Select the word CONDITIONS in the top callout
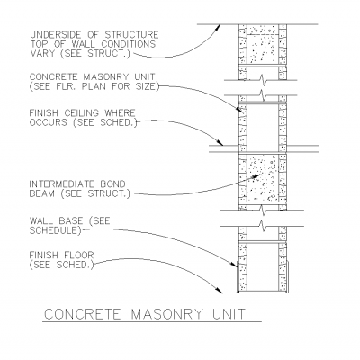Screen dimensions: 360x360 tap(129, 44)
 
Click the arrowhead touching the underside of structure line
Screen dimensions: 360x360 tap(218, 27)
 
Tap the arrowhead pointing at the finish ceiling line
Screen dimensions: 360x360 tap(220, 142)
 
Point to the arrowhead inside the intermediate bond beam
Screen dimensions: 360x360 tap(256, 175)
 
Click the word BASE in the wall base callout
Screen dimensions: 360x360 tap(70, 221)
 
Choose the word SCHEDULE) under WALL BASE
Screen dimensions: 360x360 tap(55, 230)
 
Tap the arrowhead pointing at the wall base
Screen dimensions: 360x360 tap(234, 264)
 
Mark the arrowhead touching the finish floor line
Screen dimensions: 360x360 tap(220, 290)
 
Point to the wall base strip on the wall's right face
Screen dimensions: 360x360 tap(288, 276)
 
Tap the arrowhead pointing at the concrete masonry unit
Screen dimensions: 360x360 tap(239, 109)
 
